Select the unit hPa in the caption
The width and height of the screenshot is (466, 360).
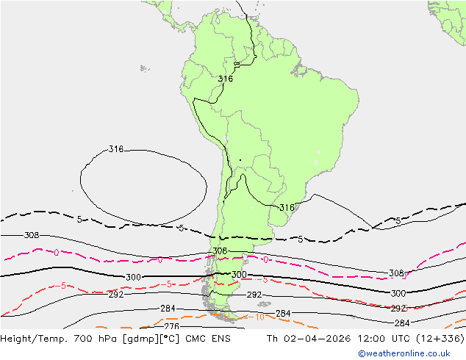click(110, 339)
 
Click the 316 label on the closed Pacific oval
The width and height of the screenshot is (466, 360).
click(115, 149)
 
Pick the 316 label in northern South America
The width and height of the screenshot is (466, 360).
click(226, 79)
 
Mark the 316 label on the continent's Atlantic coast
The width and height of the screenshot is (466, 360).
click(287, 208)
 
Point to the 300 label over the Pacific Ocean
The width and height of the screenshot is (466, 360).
click(133, 278)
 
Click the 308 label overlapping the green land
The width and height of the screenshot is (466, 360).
click(219, 251)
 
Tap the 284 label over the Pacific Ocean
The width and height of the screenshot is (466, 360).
click(168, 309)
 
